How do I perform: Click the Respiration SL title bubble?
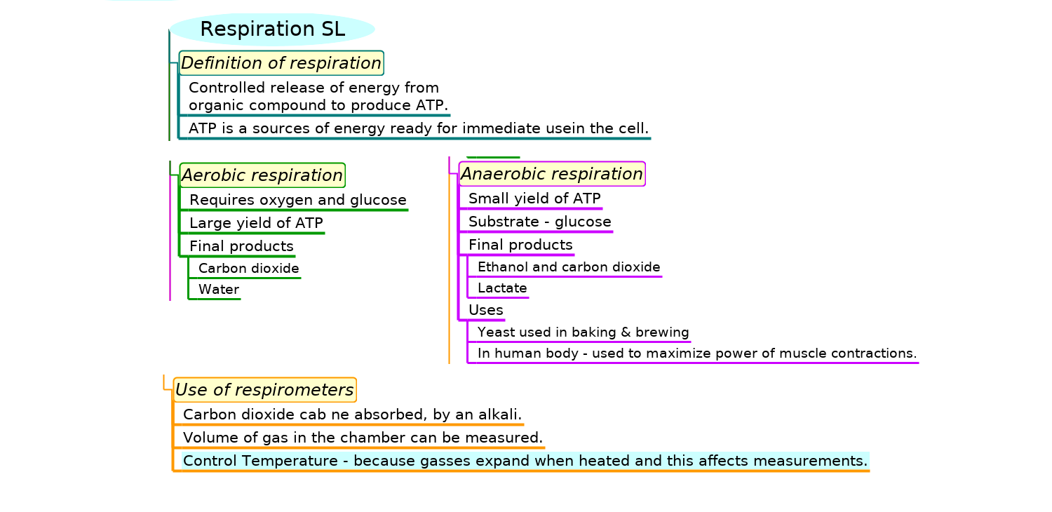272,29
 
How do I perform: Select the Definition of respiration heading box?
281,63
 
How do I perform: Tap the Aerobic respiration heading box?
262,175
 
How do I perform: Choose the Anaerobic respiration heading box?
552,174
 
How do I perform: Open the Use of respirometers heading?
264,390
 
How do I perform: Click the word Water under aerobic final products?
219,290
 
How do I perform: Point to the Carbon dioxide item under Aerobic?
249,268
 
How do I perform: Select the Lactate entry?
502,288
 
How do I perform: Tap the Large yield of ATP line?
257,223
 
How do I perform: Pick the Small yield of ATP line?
534,198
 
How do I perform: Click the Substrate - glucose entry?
540,222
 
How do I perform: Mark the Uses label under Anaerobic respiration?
486,310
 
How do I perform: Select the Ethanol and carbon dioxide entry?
569,267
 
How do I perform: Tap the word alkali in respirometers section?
499,415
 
